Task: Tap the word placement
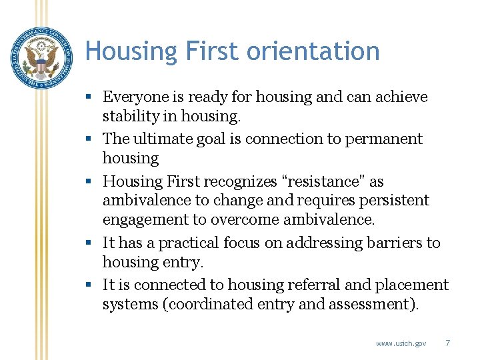(x=412, y=285)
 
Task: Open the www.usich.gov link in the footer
(x=401, y=343)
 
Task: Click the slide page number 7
(x=447, y=343)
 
